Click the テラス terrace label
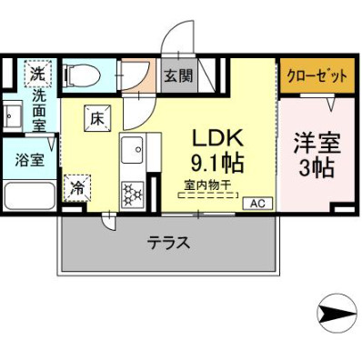click(168, 243)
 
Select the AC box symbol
click(256, 203)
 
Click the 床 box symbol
click(98, 115)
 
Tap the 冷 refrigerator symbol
click(77, 189)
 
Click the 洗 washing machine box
click(36, 72)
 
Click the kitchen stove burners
click(131, 194)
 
